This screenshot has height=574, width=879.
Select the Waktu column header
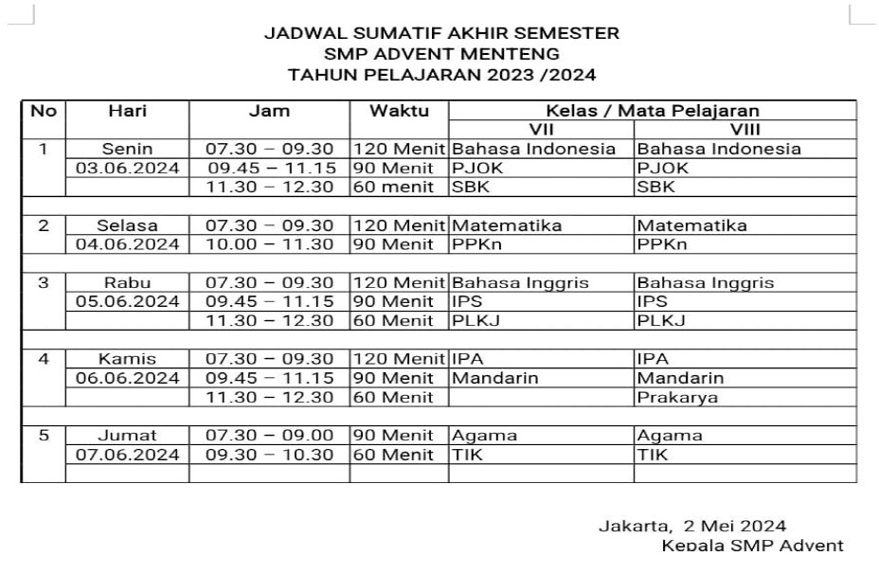399,111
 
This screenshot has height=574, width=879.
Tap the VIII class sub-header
744,129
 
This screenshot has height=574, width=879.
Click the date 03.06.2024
127,168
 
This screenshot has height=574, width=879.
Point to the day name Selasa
127,225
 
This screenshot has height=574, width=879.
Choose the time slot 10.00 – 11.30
269,244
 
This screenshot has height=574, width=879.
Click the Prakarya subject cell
677,398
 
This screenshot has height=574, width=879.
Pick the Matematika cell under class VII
507,225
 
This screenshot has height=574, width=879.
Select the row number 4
43,359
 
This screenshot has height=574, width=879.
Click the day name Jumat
127,436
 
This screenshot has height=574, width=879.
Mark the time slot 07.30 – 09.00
269,436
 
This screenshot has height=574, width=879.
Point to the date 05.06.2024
127,301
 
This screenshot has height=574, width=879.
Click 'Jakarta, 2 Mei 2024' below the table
691,526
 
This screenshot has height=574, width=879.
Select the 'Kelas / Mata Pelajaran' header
652,111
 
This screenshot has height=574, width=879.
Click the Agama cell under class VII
485,436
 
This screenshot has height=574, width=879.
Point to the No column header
43,111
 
